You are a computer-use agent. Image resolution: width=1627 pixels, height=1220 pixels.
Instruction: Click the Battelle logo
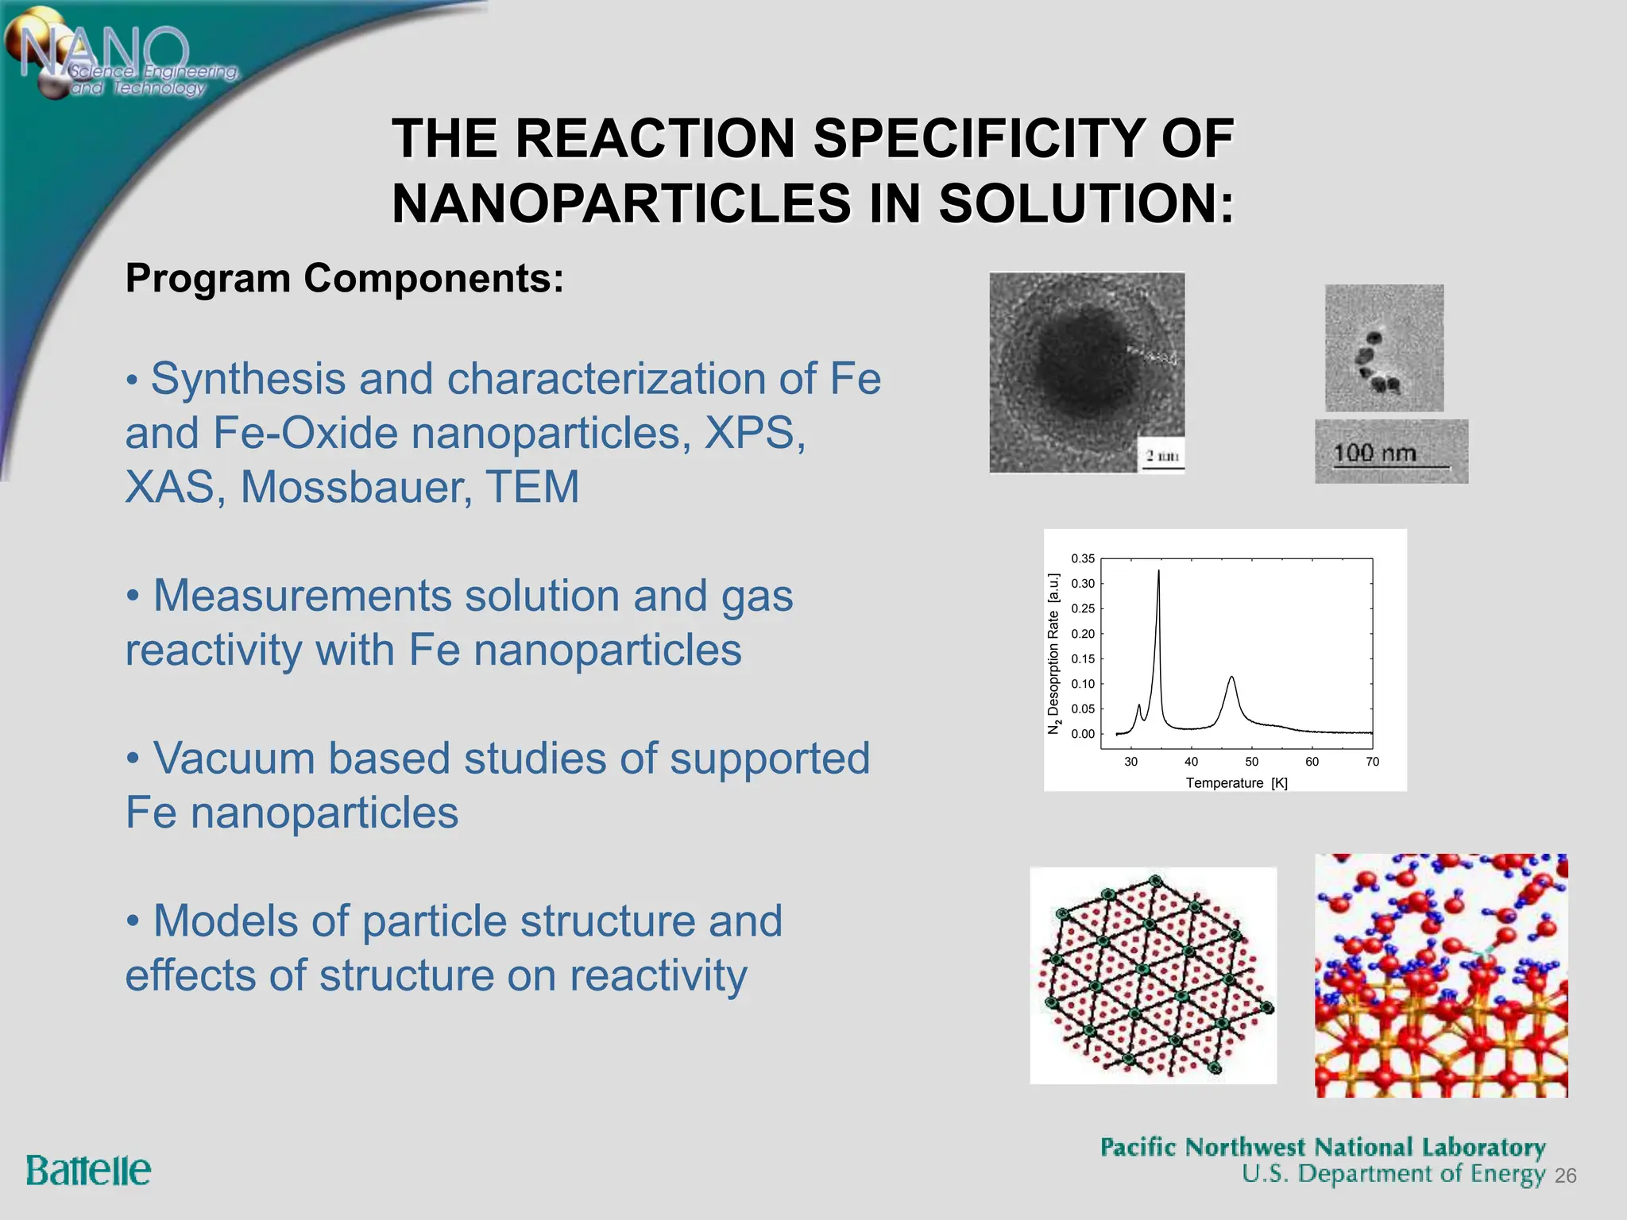(x=88, y=1171)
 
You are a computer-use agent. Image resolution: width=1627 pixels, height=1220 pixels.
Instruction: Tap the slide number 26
(x=1565, y=1176)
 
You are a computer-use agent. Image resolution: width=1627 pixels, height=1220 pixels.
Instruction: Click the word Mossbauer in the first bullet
(x=356, y=487)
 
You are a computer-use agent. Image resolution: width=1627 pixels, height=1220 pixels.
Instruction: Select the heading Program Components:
(x=344, y=279)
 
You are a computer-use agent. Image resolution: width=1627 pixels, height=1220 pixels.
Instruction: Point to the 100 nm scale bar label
(x=1375, y=454)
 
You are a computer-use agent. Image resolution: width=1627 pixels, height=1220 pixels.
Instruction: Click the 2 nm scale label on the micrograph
(x=1161, y=456)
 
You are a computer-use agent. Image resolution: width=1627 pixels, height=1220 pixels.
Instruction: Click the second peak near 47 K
(x=1231, y=680)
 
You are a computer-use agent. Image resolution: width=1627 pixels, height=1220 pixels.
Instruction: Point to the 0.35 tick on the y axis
(x=1082, y=558)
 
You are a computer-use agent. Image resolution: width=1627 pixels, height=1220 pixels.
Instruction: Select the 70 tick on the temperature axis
(x=1372, y=762)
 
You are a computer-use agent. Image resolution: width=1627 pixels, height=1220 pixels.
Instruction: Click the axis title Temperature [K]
(x=1236, y=783)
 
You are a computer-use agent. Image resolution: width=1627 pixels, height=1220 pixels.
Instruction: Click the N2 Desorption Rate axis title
(x=1053, y=653)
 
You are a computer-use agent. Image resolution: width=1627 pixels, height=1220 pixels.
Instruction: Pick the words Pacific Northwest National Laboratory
(x=1323, y=1147)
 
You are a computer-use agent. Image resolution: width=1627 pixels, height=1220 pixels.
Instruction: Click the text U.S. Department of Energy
(x=1393, y=1174)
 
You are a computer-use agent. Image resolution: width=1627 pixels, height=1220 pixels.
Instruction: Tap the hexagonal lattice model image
(x=1153, y=975)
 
